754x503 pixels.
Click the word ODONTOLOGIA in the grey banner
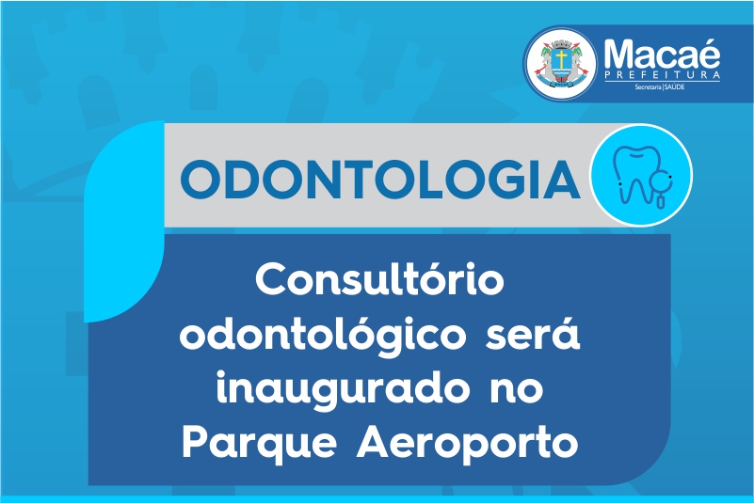[380, 179]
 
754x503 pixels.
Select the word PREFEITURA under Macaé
[662, 75]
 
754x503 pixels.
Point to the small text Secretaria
[648, 86]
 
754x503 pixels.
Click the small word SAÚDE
[674, 86]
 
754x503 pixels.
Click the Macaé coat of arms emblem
[561, 64]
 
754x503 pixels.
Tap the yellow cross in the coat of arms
[561, 58]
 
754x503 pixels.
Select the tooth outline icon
[635, 174]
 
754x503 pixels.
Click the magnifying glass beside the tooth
[661, 187]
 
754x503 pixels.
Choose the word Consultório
[380, 279]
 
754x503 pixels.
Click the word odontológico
[323, 335]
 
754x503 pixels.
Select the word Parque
[259, 444]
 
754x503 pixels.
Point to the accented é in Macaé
[709, 53]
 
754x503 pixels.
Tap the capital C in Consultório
[270, 279]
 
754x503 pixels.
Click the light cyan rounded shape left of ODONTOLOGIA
[124, 221]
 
